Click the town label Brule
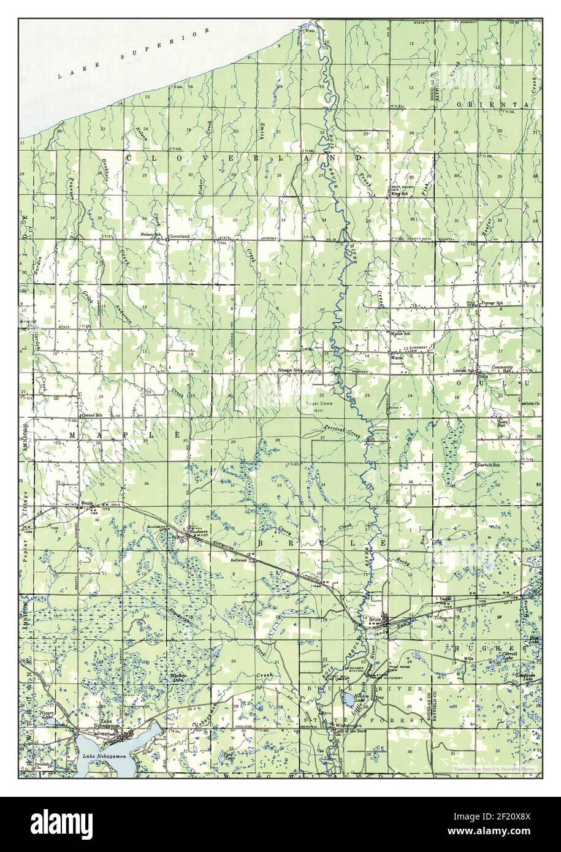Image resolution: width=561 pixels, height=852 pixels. point(376,620)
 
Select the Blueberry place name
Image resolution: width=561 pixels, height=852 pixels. point(200,531)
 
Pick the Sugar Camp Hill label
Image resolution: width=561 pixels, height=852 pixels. point(321,408)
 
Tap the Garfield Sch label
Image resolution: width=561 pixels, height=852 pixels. point(489,465)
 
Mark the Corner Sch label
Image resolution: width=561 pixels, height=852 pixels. point(90,415)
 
